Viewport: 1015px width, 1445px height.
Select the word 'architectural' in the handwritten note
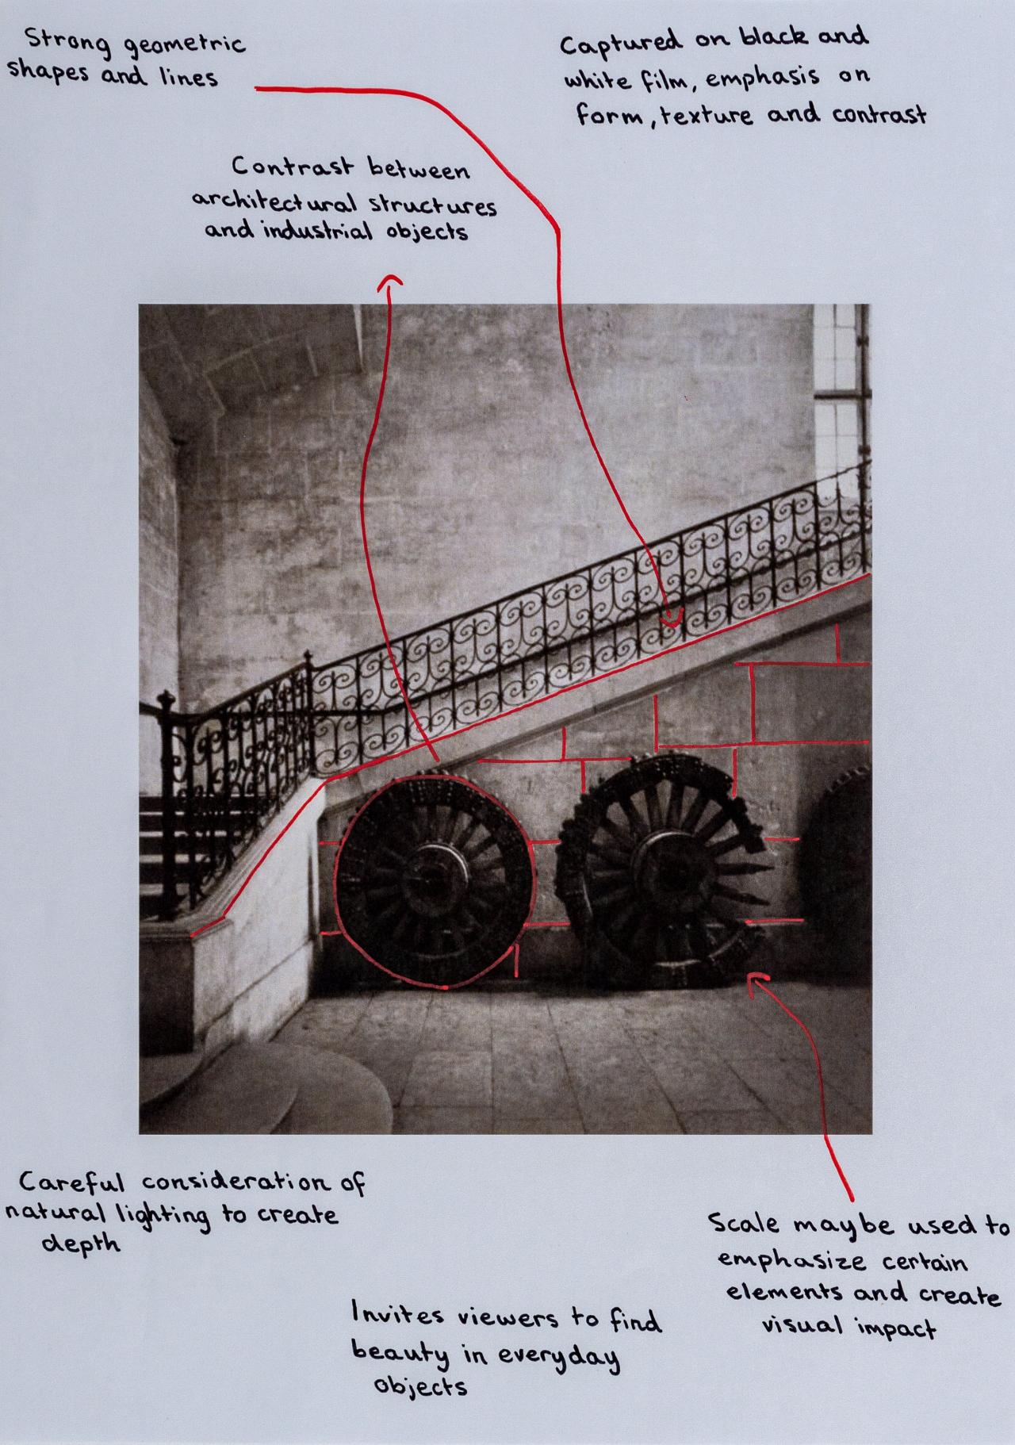pos(266,201)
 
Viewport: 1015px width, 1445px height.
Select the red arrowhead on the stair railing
pos(670,617)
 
